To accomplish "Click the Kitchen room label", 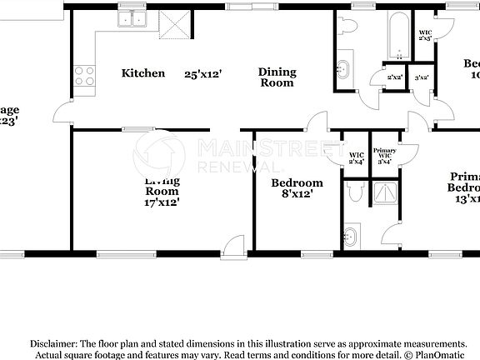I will (x=143, y=73).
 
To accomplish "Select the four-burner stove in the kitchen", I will (x=85, y=77).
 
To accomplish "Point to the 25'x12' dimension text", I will (x=202, y=73).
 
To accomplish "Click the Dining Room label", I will (x=277, y=77).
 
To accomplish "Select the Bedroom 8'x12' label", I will (x=297, y=188).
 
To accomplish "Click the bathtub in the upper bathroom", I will (x=395, y=35).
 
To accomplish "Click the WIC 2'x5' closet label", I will (x=424, y=35).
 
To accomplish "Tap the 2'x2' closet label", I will (x=394, y=77).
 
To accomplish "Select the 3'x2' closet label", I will (x=422, y=77).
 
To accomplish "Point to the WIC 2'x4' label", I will (x=356, y=157).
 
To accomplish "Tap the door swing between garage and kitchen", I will (x=62, y=110).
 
